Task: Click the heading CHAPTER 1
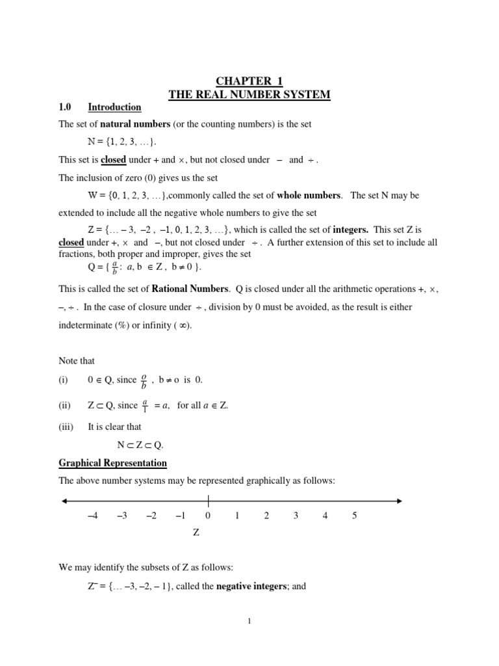249,81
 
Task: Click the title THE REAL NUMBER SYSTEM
249,95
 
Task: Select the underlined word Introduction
114,107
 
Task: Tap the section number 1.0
66,107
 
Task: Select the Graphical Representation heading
112,463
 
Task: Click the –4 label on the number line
92,516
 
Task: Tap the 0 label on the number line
208,516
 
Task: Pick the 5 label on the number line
354,516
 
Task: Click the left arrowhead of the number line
64,501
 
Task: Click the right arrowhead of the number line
398,501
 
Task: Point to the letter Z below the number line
196,533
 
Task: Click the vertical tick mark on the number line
209,501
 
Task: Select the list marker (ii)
64,405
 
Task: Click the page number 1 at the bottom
249,621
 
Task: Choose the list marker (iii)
65,427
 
